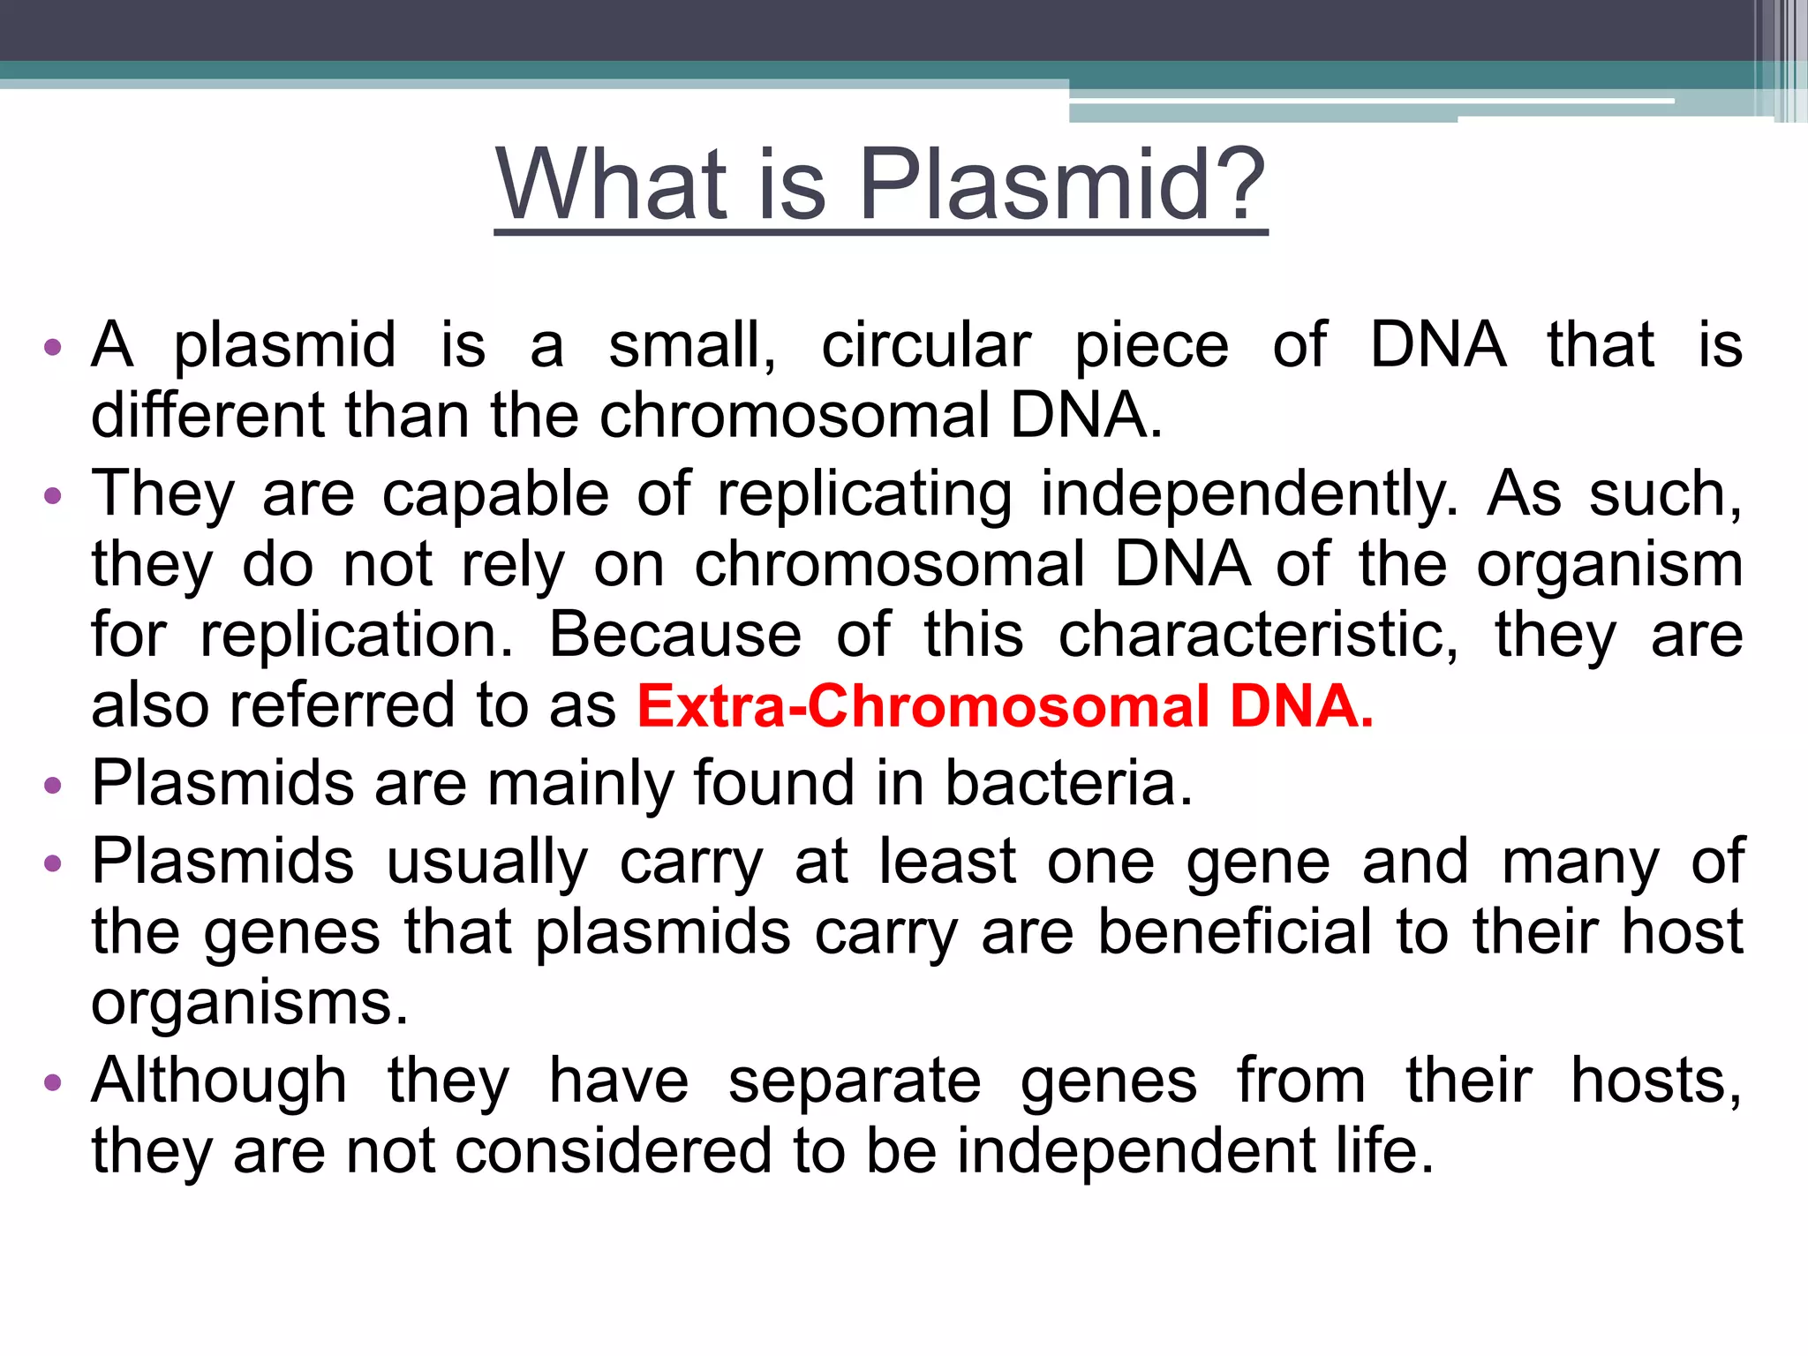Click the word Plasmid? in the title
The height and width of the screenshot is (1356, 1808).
1062,185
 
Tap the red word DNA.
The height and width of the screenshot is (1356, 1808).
1302,706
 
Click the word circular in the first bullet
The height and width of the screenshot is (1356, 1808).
926,345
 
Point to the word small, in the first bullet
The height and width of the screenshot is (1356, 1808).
692,345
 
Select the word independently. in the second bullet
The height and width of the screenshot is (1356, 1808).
1250,494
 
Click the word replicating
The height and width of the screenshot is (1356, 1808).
864,494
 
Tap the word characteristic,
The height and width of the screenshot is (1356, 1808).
1259,636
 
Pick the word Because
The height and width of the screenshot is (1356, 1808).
675,636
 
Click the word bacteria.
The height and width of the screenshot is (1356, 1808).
1068,783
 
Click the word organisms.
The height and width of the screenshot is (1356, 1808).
250,1005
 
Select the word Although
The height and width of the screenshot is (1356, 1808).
219,1081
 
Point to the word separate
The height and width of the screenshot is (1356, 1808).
854,1081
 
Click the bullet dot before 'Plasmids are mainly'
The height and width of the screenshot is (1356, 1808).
53,785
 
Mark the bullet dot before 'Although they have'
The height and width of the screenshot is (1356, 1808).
53,1082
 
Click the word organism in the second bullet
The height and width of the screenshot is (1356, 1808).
1609,565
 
